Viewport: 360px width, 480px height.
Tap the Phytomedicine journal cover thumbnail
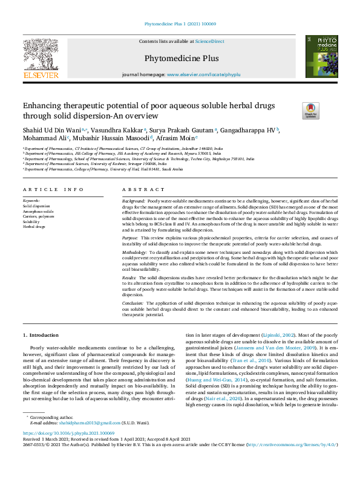pos(321,56)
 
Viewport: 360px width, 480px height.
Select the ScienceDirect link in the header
pos(209,41)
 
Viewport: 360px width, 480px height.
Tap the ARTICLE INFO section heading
pos(53,189)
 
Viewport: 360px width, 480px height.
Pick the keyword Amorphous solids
pos(38,212)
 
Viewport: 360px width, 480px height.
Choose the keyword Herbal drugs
pos(34,226)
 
